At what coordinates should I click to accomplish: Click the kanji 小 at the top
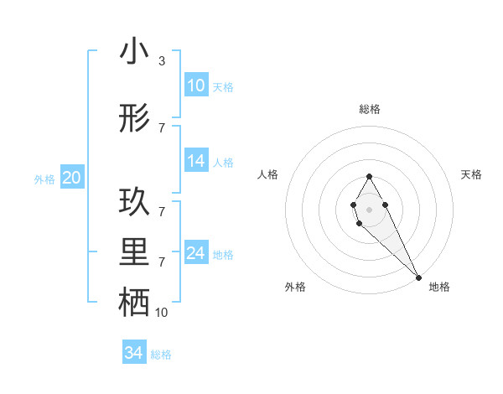click(134, 52)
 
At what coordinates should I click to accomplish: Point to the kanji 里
click(134, 253)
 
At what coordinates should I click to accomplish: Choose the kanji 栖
click(134, 303)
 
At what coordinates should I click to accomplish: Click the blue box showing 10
click(196, 86)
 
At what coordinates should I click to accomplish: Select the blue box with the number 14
click(196, 161)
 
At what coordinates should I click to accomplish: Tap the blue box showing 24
click(196, 253)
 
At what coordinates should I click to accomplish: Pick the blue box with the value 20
click(72, 178)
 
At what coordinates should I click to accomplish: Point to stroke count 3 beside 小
click(161, 61)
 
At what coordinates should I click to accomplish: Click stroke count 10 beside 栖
click(161, 312)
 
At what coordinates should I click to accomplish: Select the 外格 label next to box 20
click(44, 179)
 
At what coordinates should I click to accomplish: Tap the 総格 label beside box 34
click(161, 355)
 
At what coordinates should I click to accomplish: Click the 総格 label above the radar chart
click(369, 109)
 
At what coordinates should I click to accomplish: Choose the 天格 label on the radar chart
click(471, 174)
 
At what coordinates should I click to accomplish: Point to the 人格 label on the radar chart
click(267, 174)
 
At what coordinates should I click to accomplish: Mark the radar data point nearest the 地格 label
click(418, 277)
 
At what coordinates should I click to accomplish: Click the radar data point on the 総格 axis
click(369, 176)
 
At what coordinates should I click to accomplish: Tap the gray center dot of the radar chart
click(369, 208)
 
